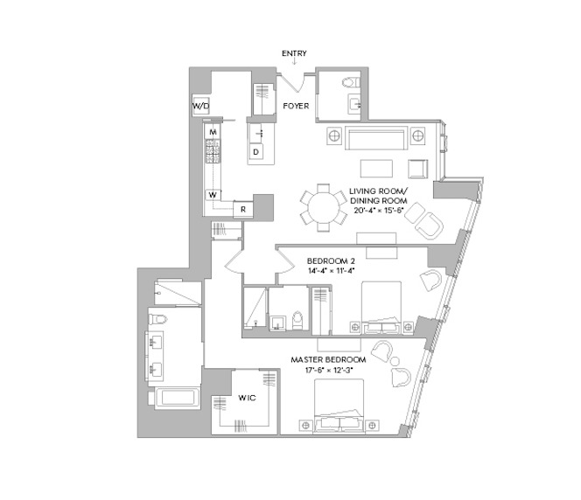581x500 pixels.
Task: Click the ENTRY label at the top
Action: click(x=294, y=53)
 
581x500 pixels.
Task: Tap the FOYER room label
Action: click(x=296, y=107)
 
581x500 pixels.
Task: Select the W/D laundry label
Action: click(x=200, y=107)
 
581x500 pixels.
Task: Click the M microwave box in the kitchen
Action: click(x=213, y=132)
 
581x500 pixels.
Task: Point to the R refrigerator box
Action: click(x=243, y=209)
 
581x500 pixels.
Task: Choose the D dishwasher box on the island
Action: click(x=255, y=152)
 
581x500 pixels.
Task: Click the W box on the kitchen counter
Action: click(x=213, y=195)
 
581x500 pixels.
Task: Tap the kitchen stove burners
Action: click(x=213, y=151)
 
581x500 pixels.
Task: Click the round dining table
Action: click(x=324, y=208)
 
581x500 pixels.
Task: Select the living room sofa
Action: click(x=376, y=138)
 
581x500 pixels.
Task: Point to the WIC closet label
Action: click(x=247, y=399)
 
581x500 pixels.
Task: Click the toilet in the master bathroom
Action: click(x=157, y=319)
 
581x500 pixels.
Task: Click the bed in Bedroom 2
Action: click(x=381, y=308)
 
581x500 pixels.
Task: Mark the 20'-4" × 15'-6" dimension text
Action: click(x=378, y=210)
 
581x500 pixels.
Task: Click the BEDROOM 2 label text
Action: click(x=331, y=260)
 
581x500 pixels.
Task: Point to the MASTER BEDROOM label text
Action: click(x=328, y=360)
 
